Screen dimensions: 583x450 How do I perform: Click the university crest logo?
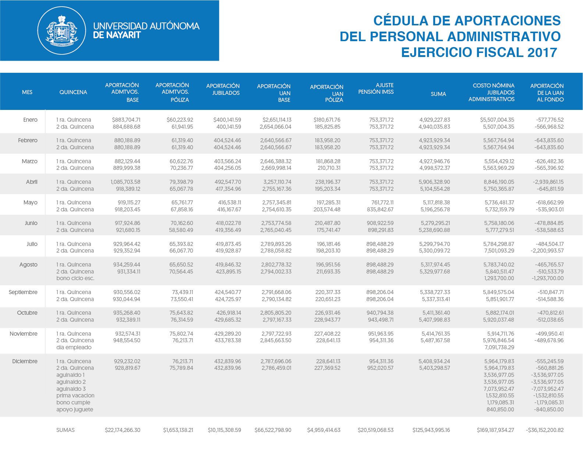pos(61,31)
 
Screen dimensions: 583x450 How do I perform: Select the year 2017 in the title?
pos(542,52)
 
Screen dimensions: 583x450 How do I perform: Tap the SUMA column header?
pos(438,94)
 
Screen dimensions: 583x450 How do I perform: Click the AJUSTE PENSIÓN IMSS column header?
pos(376,89)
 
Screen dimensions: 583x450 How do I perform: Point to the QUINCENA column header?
pos(73,92)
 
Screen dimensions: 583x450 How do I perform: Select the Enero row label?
pos(30,119)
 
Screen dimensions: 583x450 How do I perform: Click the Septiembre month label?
pos(23,292)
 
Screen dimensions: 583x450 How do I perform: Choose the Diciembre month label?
pos(25,361)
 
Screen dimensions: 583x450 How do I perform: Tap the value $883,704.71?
pos(126,119)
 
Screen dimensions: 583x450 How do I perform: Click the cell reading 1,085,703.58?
pos(125,182)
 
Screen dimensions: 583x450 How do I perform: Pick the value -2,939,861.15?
pos(548,182)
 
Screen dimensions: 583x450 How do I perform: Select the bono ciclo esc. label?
pos(75,278)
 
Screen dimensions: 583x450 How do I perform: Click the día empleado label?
pos(74,347)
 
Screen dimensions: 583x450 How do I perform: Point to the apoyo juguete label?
pos(75,410)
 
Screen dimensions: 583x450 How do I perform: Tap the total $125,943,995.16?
pos(431,430)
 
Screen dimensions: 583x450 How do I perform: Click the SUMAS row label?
pos(65,430)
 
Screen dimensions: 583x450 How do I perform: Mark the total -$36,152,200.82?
pos(545,430)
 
